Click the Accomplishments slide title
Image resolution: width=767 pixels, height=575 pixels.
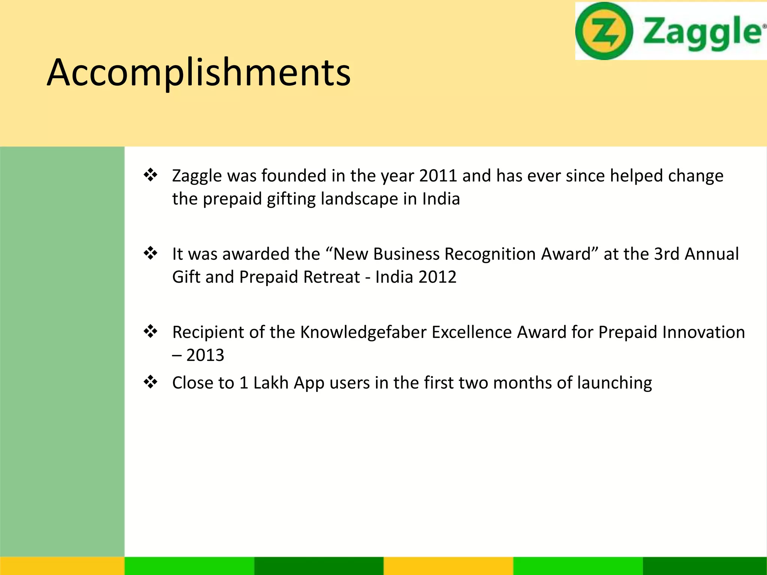pos(198,73)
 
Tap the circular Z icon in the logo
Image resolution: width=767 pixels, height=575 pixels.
pos(604,31)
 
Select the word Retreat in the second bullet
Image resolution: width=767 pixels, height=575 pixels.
pos(331,277)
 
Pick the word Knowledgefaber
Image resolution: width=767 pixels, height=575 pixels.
pos(363,332)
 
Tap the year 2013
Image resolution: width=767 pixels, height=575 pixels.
pos(205,355)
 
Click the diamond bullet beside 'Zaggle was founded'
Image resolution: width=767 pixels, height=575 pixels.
pos(151,175)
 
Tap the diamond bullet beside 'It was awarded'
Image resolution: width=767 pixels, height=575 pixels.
pos(151,253)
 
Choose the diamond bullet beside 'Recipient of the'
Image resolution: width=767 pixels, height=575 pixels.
pos(151,332)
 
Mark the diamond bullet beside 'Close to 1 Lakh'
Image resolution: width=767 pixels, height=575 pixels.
pos(151,382)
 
